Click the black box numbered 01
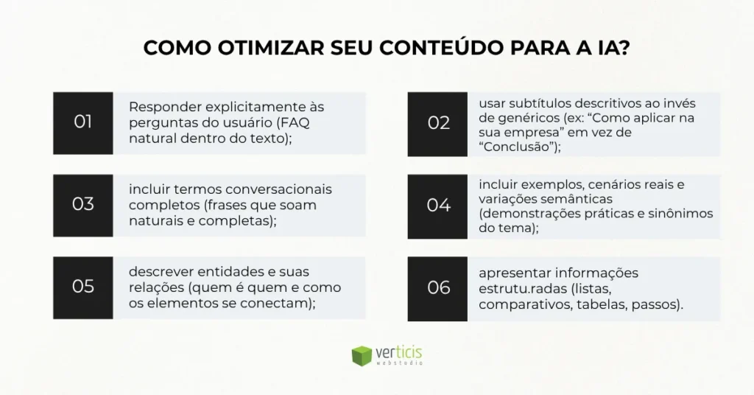point(83,122)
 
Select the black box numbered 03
point(83,204)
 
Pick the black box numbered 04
point(438,204)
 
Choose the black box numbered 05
point(83,287)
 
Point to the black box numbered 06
point(438,287)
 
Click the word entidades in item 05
point(216,272)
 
